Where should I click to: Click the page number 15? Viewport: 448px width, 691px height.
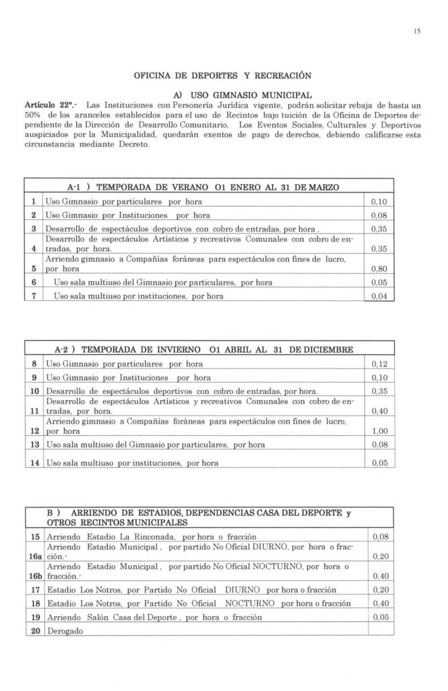(417, 31)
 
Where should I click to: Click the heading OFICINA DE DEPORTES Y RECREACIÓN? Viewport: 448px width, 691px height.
(223, 74)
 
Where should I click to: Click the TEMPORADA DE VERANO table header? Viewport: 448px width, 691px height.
(198, 187)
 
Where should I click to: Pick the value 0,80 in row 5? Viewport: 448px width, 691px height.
(380, 269)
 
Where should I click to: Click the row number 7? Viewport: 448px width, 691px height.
(33, 296)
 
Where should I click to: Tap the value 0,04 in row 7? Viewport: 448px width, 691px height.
(380, 296)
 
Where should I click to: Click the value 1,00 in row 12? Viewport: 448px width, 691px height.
(380, 432)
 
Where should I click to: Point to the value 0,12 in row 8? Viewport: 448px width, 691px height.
(380, 364)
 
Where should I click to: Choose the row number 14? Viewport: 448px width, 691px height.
(33, 463)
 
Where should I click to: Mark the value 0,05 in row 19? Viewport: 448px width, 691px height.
(380, 617)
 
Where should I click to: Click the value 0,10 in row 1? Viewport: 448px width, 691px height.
(380, 202)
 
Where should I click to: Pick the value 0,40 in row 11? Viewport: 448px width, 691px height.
(380, 410)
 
